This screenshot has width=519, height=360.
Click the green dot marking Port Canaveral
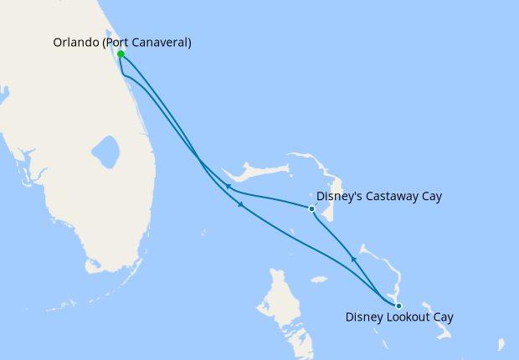point(121,54)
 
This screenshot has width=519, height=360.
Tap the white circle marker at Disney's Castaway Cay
point(311,208)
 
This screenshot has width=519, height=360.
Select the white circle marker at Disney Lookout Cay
point(398,306)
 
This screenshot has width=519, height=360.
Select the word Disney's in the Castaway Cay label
point(340,197)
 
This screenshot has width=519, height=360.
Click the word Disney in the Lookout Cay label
point(365,317)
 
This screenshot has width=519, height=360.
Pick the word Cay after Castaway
point(430,197)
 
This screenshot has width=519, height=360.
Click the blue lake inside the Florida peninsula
point(106,153)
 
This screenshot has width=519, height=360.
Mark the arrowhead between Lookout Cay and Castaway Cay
point(353,260)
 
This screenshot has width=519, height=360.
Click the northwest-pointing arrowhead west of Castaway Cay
point(227,186)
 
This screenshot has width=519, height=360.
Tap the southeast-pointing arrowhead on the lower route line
point(242,205)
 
